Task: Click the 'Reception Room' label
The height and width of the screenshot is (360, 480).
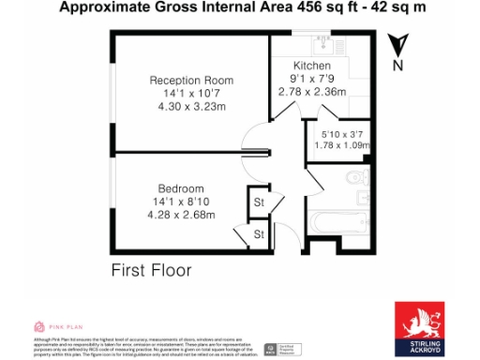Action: coord(191,80)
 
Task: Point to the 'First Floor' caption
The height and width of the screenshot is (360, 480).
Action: coord(151,270)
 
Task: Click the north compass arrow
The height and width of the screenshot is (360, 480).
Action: coord(397,44)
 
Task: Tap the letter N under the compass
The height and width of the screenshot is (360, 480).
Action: coord(397,67)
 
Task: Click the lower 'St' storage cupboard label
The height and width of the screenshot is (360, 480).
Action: coord(258,234)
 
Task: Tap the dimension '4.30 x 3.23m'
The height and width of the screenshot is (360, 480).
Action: coord(191,106)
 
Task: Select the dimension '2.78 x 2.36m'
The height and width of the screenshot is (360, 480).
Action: coord(311,92)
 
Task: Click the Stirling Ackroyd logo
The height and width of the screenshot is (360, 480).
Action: coord(418,329)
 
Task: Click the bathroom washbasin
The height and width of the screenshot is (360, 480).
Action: coord(363,198)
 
